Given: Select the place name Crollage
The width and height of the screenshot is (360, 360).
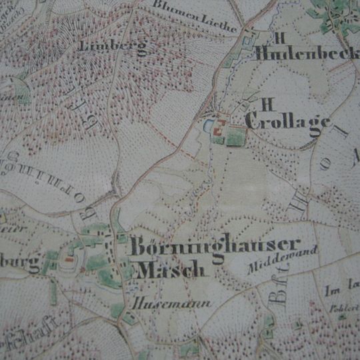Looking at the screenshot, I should point(287,122).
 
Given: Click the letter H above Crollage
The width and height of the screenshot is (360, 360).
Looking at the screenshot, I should point(269,103).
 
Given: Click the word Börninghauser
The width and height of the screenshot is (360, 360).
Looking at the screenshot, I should point(215,246).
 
